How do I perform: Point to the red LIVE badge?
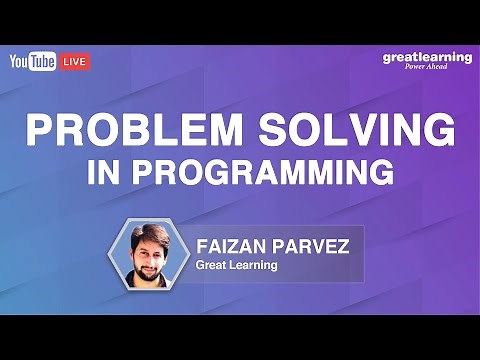click(x=76, y=62)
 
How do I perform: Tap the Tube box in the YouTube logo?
click(x=44, y=62)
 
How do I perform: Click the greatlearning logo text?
click(x=427, y=57)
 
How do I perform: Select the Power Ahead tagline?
click(x=435, y=68)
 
